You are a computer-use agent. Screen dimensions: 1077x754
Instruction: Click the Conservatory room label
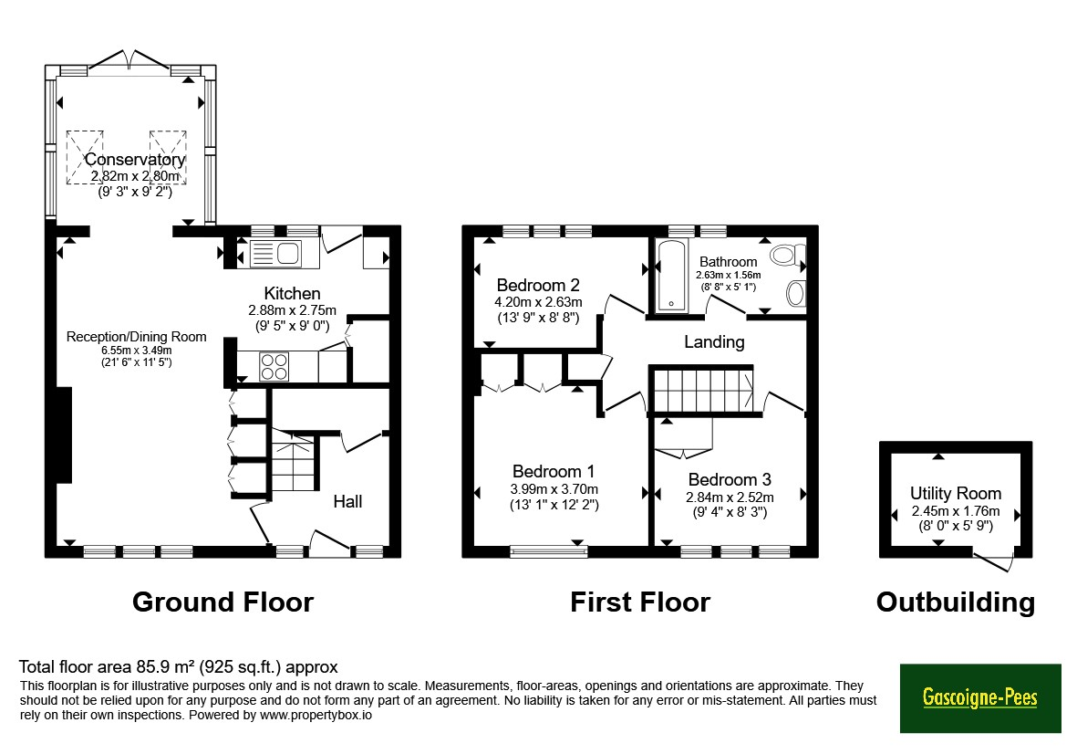pos(135,160)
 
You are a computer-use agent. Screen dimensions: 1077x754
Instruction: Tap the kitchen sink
pos(275,254)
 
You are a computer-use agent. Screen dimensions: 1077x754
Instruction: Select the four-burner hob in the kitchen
pos(274,366)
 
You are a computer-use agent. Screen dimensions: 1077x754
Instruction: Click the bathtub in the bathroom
pos(671,276)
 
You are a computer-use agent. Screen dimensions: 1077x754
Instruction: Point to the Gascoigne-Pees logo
pos(980,697)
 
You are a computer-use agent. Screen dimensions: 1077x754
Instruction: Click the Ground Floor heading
pos(223,602)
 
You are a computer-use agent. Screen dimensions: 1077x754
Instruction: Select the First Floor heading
pos(640,602)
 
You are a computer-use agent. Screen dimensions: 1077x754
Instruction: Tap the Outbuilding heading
pos(956,602)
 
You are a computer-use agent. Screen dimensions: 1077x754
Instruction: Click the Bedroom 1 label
pos(554,472)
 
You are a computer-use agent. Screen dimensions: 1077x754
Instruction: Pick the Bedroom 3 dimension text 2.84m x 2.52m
pos(730,497)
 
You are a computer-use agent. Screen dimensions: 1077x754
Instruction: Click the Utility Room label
pos(956,494)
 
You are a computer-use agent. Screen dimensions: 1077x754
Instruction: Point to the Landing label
pos(714,341)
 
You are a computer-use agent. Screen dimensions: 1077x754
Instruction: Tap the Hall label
pos(347,502)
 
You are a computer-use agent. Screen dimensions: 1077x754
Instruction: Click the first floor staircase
pos(703,391)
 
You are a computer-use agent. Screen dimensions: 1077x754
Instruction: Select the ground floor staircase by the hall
pos(294,460)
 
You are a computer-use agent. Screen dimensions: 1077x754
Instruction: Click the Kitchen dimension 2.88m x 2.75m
pos(293,310)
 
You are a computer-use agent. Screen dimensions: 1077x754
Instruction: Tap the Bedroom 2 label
pos(538,285)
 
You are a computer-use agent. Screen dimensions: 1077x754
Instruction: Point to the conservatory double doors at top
pos(129,59)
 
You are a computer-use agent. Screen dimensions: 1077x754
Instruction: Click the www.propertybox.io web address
pos(316,716)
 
